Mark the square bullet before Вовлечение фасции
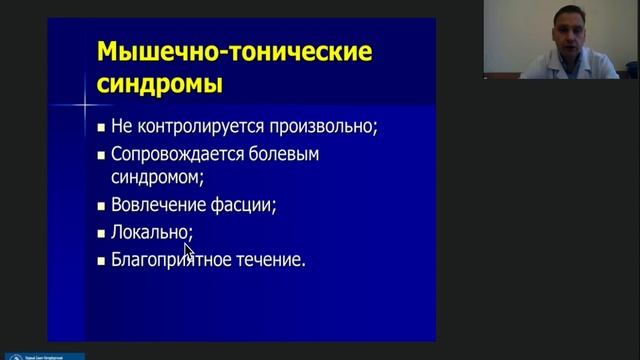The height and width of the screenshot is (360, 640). tap(101, 207)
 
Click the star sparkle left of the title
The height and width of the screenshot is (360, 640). tap(87, 103)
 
